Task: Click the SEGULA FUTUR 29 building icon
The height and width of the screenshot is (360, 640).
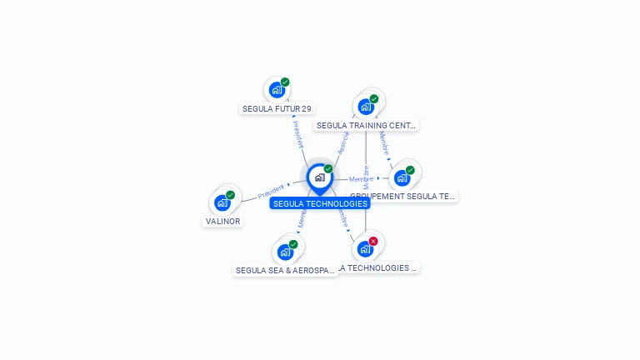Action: pos(277,90)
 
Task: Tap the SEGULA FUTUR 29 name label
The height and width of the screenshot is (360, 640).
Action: pos(277,108)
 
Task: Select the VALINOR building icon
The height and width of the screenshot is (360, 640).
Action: pos(222,202)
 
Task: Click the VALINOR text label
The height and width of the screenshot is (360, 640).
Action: pos(222,222)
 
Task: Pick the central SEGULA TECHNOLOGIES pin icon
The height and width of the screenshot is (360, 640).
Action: pos(319,177)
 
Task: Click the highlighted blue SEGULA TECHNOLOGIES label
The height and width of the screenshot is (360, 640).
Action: pos(319,203)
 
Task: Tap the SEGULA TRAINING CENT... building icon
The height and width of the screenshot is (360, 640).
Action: pos(365,107)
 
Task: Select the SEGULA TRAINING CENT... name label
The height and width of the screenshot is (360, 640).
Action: pos(366,125)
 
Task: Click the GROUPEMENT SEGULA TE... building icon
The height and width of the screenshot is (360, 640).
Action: pos(402,177)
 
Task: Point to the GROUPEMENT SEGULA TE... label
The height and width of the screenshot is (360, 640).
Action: pos(403,197)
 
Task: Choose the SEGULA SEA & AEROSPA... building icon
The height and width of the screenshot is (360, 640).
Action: pos(285,252)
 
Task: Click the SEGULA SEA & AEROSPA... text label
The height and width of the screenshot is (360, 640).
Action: pos(285,270)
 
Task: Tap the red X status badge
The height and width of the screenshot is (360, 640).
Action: pos(373,241)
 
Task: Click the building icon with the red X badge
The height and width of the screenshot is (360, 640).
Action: pos(364,249)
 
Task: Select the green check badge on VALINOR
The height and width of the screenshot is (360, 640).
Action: pos(231,195)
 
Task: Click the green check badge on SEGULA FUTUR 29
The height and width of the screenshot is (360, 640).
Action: pos(285,82)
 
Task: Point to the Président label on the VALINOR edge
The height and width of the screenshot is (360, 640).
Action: pos(270,191)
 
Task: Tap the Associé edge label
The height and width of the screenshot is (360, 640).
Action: pos(342,142)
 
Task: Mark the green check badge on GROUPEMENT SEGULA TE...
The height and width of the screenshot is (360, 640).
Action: pos(410,170)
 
